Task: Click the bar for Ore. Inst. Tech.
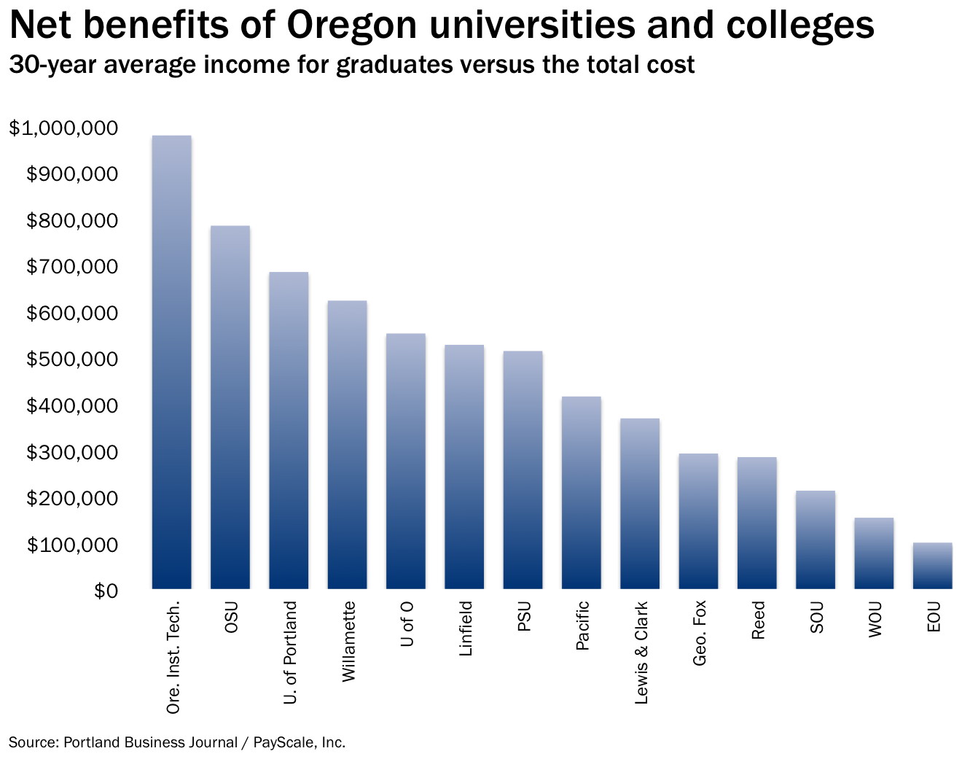pyautogui.click(x=172, y=362)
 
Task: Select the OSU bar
pyautogui.click(x=230, y=407)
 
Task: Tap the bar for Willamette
pyautogui.click(x=348, y=445)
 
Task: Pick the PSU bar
pyautogui.click(x=523, y=470)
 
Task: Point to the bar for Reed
pyautogui.click(x=756, y=523)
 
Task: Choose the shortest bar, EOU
pyautogui.click(x=933, y=566)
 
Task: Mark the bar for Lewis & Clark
pyautogui.click(x=640, y=504)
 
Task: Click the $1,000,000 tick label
pyautogui.click(x=63, y=128)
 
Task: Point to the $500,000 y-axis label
pyautogui.click(x=72, y=359)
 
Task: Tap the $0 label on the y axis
pyautogui.click(x=106, y=591)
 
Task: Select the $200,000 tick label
pyautogui.click(x=72, y=498)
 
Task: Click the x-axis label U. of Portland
pyautogui.click(x=289, y=653)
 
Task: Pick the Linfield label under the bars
pyautogui.click(x=466, y=628)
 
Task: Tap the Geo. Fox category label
pyautogui.click(x=699, y=633)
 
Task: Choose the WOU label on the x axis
pyautogui.click(x=875, y=619)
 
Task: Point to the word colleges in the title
pyautogui.click(x=800, y=26)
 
